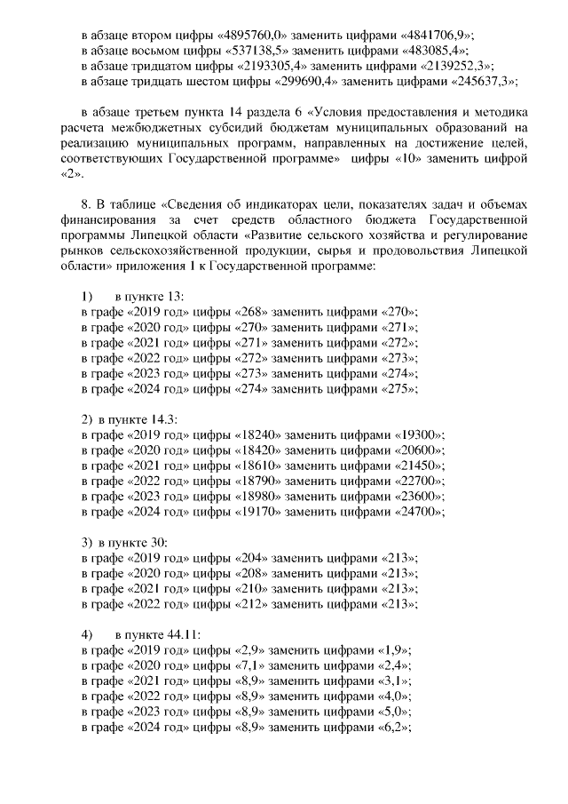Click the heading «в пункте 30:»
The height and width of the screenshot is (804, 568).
pos(133,542)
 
